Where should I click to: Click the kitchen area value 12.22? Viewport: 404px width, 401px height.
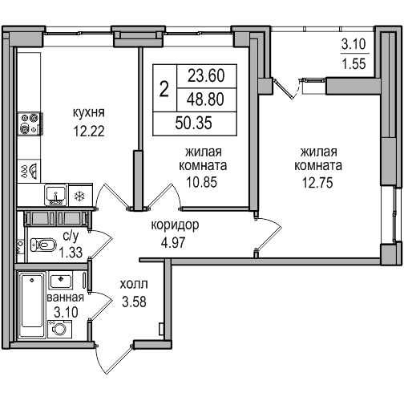click(x=89, y=132)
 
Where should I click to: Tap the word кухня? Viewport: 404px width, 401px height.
click(x=89, y=113)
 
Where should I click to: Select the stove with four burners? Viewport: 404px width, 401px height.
click(x=30, y=124)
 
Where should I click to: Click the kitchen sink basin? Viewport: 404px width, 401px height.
click(x=55, y=194)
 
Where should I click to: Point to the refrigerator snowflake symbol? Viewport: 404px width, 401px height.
click(x=79, y=196)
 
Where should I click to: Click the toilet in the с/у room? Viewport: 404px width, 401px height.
click(x=43, y=245)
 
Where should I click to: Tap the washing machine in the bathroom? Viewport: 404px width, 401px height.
click(x=60, y=329)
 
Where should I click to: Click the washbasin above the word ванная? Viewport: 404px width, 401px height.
click(x=61, y=280)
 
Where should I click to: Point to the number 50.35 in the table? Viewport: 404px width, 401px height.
click(x=194, y=124)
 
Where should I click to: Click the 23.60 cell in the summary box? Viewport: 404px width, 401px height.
click(x=206, y=75)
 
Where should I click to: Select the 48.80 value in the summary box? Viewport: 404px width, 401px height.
click(x=205, y=99)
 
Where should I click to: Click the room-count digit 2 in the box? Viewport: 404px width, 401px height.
click(x=164, y=89)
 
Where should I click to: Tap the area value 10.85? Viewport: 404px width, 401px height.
click(x=202, y=183)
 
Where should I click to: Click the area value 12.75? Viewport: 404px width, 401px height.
click(x=317, y=183)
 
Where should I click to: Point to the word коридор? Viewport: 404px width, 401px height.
click(x=176, y=225)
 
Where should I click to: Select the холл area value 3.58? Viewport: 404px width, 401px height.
click(x=134, y=302)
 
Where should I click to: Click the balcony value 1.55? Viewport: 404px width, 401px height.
click(x=353, y=64)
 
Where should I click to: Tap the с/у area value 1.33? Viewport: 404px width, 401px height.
click(x=71, y=253)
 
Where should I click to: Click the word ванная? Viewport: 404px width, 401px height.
click(x=66, y=298)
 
